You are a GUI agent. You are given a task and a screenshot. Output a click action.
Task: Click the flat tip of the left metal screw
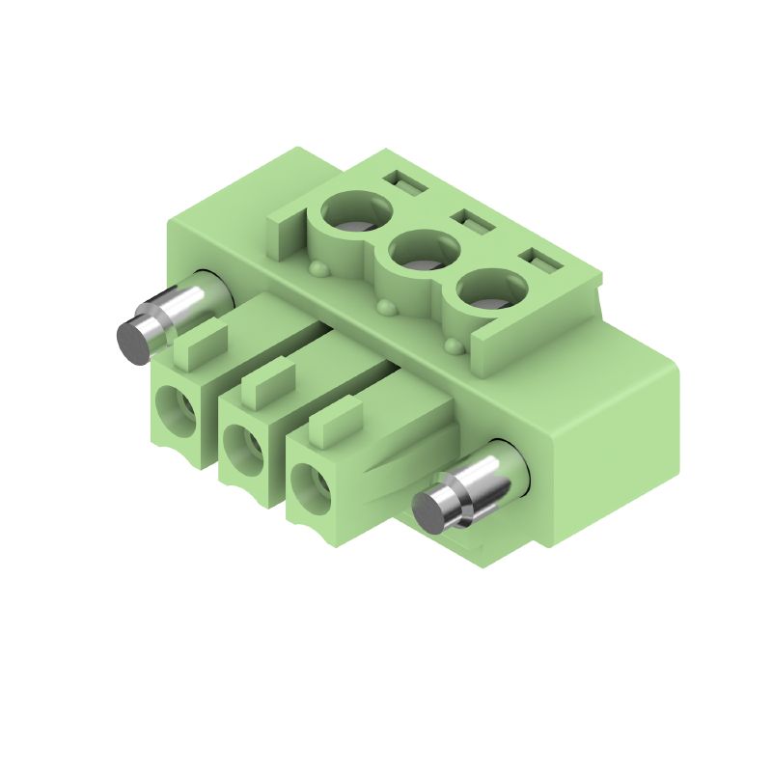pyautogui.click(x=132, y=341)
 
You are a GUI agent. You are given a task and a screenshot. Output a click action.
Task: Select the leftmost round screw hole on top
pyautogui.click(x=356, y=213)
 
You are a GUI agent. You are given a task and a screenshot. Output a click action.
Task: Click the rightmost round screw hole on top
pyautogui.click(x=491, y=291)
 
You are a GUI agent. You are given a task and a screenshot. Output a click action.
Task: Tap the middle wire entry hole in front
pyautogui.click(x=240, y=445)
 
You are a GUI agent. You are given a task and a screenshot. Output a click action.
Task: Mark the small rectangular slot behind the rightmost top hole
pyautogui.click(x=538, y=261)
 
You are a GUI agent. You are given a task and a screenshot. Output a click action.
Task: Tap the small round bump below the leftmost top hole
pyautogui.click(x=317, y=267)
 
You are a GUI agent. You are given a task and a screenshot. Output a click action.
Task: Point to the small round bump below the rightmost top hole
pyautogui.click(x=453, y=345)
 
